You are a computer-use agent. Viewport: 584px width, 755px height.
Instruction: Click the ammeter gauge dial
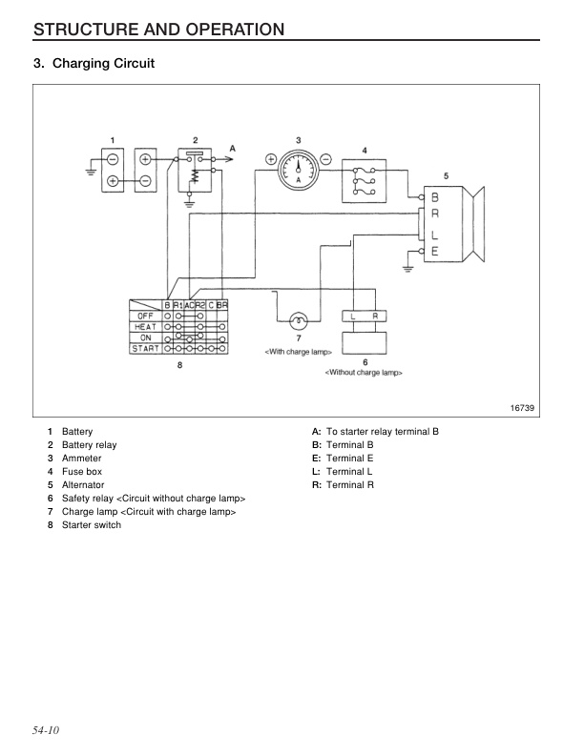[x=299, y=173]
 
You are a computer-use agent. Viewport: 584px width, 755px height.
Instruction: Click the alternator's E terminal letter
[x=434, y=251]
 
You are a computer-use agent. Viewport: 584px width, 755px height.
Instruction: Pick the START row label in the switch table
[x=145, y=349]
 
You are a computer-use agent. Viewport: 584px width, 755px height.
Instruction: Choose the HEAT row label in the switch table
[x=145, y=326]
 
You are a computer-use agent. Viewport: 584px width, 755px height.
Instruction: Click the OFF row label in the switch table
[x=145, y=315]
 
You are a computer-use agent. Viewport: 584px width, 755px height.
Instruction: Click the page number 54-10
[x=47, y=730]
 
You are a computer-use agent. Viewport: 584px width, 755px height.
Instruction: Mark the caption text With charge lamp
[x=298, y=352]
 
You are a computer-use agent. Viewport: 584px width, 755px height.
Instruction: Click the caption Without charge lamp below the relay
[x=364, y=372]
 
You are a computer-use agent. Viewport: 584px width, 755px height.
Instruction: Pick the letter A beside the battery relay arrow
[x=232, y=149]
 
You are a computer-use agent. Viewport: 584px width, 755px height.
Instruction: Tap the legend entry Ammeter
[x=81, y=459]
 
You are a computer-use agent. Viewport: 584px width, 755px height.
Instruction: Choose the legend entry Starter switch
[x=92, y=525]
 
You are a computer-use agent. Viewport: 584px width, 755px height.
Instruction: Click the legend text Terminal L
[x=348, y=472]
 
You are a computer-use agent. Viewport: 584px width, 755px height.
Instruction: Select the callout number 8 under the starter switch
[x=180, y=364]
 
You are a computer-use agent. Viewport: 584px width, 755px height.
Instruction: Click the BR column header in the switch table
[x=222, y=303]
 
